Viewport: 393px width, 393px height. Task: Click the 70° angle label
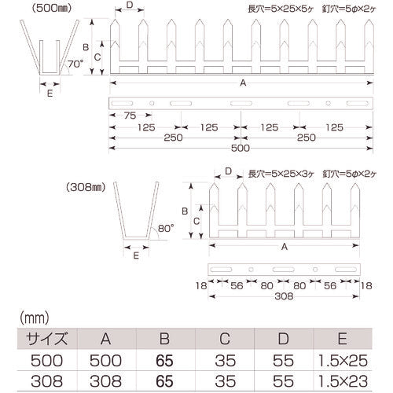pos(75,64)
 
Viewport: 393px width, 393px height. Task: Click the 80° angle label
pos(166,229)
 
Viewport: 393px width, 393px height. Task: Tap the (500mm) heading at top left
pos(52,9)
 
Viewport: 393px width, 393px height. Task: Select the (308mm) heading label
pos(86,187)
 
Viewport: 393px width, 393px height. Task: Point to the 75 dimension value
pos(130,116)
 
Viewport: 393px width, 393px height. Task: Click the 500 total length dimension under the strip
pos(241,149)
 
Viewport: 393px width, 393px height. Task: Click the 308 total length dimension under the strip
pos(284,296)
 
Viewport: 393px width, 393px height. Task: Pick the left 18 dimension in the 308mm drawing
pos(201,286)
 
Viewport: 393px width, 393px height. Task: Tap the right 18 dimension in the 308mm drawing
pos(366,286)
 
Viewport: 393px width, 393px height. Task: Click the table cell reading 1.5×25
pos(343,361)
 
